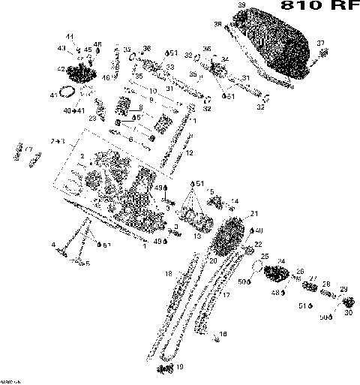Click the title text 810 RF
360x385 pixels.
314,7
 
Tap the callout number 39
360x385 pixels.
241,7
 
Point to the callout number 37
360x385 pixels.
321,43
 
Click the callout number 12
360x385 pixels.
190,153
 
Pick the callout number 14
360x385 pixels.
235,201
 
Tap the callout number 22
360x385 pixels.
259,245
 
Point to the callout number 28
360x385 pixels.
326,284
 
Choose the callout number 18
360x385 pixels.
169,272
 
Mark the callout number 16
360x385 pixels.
223,334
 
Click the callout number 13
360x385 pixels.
197,236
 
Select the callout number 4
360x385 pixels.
53,245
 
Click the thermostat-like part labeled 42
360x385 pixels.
77,74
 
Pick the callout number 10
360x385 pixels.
153,92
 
